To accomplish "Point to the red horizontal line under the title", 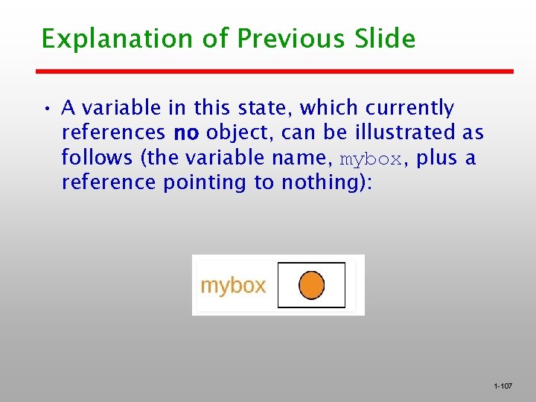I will click(275, 71).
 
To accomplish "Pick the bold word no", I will click(185, 133).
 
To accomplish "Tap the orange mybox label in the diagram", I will click(233, 286).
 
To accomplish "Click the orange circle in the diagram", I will click(311, 284).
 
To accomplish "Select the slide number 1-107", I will click(502, 386).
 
